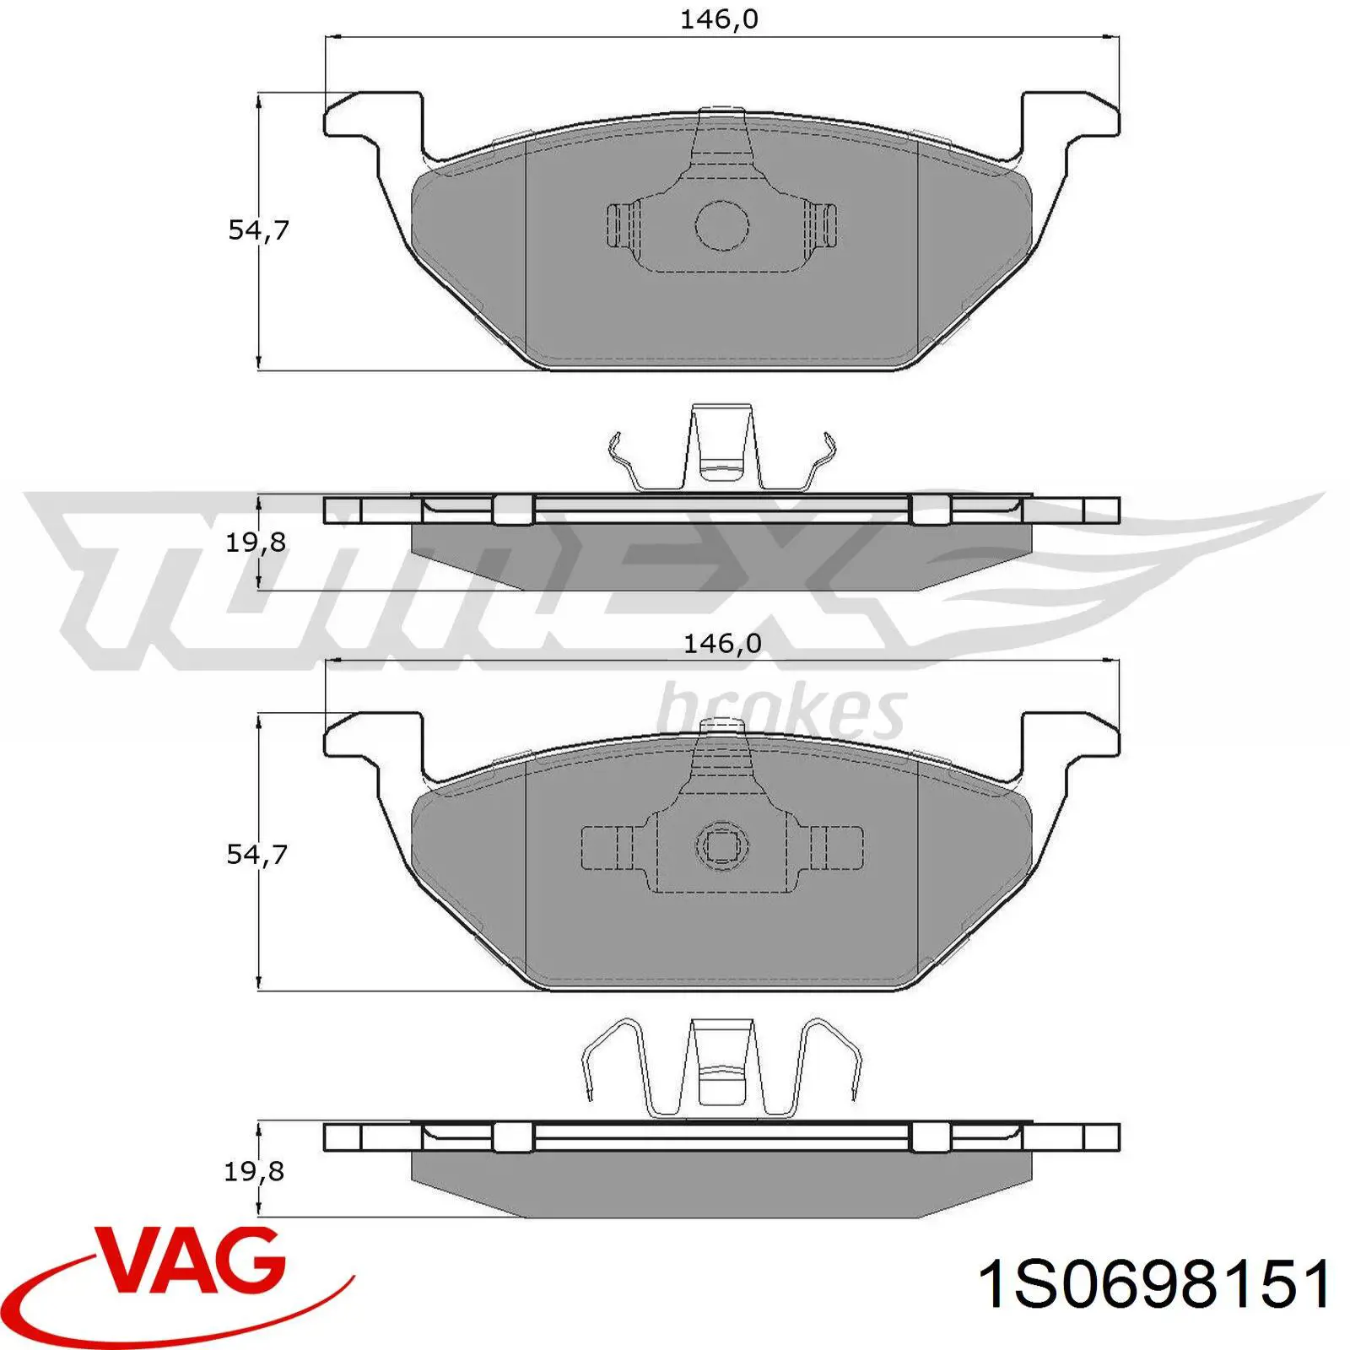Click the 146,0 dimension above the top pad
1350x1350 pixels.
point(719,19)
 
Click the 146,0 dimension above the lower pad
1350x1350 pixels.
point(721,644)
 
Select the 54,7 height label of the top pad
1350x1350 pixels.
point(258,229)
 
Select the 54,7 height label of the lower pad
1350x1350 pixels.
point(256,854)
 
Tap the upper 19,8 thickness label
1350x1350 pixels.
point(255,542)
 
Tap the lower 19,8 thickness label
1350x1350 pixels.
point(254,1171)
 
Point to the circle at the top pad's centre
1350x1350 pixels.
point(722,225)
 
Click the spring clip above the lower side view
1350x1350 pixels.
point(722,1067)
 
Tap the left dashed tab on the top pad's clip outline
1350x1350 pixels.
point(623,225)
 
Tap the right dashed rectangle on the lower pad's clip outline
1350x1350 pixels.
point(838,847)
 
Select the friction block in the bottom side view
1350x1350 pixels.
point(722,1185)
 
